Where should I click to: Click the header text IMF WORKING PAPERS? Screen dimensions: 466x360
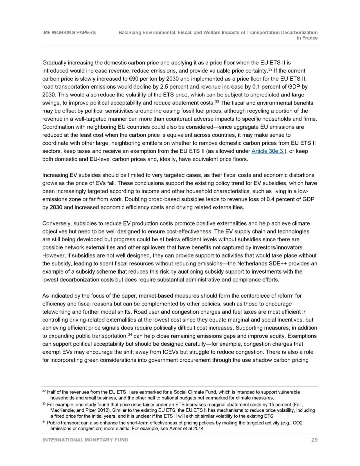(x=69, y=32)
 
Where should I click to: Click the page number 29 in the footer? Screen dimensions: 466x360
(x=314, y=440)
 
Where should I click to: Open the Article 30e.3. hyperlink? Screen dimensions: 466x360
(x=268, y=151)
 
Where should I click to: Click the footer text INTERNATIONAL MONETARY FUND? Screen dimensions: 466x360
(x=85, y=440)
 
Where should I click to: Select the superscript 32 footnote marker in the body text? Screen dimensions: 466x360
(x=270, y=69)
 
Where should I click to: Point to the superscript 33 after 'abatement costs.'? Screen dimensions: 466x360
(x=217, y=101)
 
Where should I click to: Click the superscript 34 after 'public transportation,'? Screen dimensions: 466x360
(x=130, y=335)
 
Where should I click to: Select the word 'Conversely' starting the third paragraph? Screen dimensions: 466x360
(x=56, y=223)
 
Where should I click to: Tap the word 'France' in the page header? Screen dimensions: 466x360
(x=310, y=38)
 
